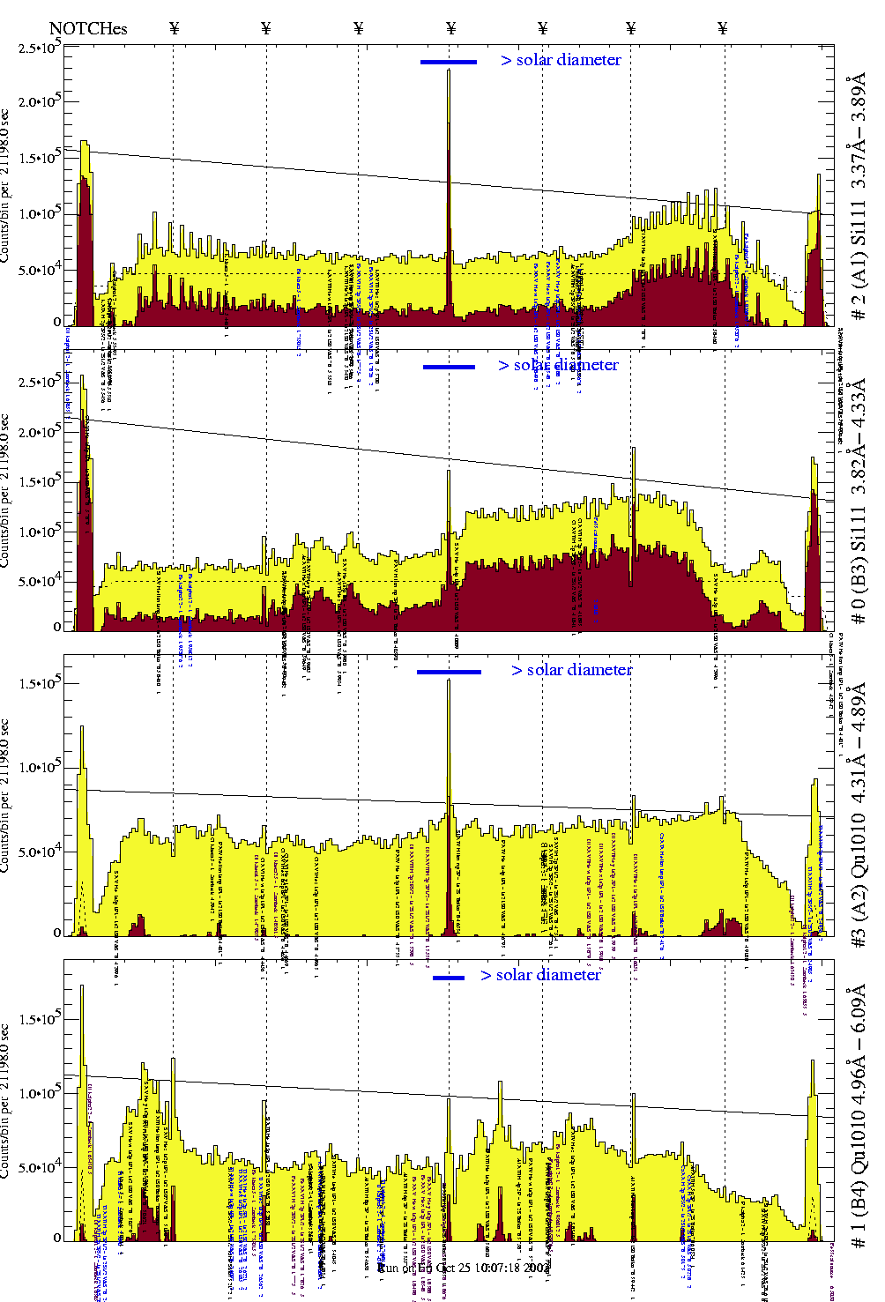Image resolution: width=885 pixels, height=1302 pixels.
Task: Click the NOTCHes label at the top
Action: coord(88,28)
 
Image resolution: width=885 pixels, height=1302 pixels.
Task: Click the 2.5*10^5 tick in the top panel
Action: coord(39,48)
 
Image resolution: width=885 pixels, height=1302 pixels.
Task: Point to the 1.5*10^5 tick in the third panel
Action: coord(39,684)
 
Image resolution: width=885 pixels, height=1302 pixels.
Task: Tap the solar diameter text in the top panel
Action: coord(561,60)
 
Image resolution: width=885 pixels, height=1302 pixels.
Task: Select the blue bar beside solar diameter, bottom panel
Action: coord(449,978)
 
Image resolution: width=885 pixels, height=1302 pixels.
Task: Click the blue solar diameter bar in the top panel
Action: coord(449,62)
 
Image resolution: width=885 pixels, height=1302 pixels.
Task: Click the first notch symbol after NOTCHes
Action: coord(175,28)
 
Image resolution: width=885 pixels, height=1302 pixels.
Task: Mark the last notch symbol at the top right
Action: coord(723,28)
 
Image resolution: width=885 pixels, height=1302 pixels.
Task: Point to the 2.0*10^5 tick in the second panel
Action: coord(39,432)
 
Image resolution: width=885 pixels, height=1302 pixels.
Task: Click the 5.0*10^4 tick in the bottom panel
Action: coord(39,1168)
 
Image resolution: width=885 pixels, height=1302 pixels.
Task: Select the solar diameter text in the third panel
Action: coord(572,670)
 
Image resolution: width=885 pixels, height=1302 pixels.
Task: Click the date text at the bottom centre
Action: coord(463,1268)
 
